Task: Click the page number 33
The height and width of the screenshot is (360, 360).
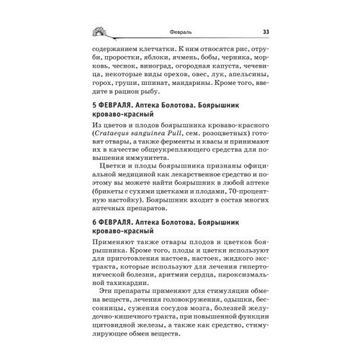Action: coord(266,31)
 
